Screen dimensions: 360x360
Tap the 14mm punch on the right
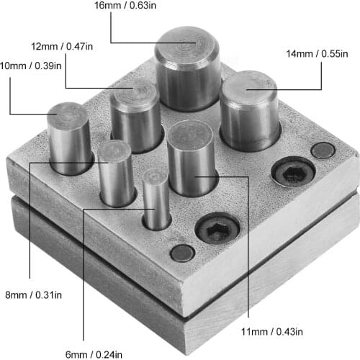click(249, 108)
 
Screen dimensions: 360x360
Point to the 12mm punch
click(135, 117)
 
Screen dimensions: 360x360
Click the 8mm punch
click(116, 173)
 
